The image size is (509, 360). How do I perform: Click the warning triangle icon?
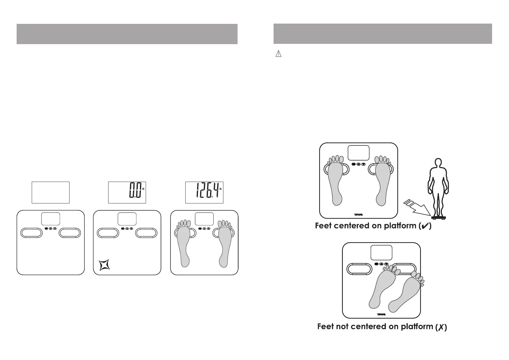[x=278, y=54]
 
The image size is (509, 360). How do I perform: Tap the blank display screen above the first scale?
[x=50, y=192]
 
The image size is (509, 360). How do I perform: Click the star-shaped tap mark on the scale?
[x=105, y=265]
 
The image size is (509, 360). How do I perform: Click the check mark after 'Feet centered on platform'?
[x=425, y=227]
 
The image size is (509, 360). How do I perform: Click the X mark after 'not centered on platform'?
[x=441, y=327]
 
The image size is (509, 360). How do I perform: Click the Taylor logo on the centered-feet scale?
[x=358, y=215]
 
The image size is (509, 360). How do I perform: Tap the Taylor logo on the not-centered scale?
[x=381, y=314]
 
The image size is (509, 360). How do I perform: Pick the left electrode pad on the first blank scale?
[x=31, y=233]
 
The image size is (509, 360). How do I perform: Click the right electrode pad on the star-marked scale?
[x=146, y=233]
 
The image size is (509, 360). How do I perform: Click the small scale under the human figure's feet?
[x=438, y=217]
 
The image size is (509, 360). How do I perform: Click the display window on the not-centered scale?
[x=381, y=253]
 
